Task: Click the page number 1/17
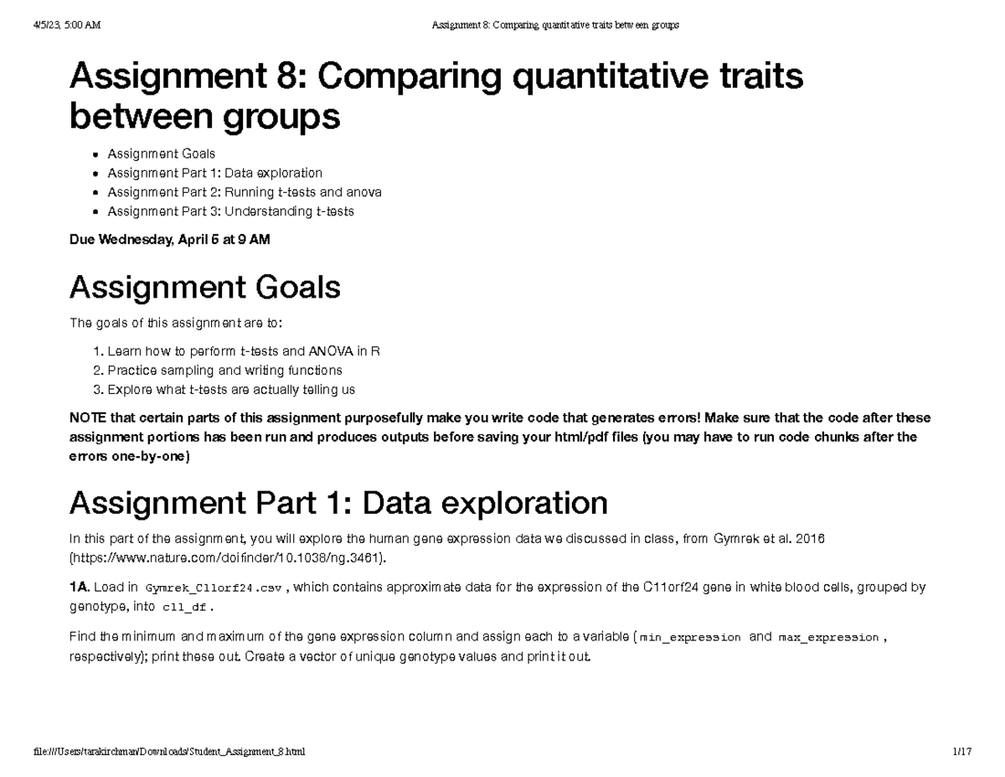point(961,752)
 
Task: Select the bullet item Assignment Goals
point(161,153)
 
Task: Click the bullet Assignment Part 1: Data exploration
point(214,173)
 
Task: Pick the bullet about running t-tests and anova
point(244,192)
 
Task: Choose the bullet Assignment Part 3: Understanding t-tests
point(230,211)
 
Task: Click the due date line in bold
point(169,240)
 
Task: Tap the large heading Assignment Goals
point(204,287)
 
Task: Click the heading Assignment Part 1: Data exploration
point(338,503)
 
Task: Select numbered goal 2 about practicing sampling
point(224,370)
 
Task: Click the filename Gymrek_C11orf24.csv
point(214,588)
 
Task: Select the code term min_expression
point(690,638)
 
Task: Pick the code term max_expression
point(828,638)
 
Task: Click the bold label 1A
point(80,588)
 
